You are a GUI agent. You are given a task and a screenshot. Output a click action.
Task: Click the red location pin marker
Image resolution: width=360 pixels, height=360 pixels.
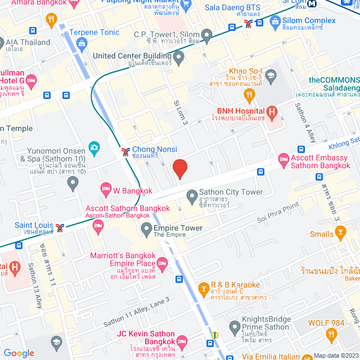click(x=179, y=169)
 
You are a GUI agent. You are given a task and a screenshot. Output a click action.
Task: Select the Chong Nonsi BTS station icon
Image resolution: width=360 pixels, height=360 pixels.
click(x=125, y=151)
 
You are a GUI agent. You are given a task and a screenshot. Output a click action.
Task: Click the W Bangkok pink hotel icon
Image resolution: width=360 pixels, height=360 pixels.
click(x=105, y=188)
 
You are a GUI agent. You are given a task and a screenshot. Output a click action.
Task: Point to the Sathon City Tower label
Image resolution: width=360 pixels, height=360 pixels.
click(x=232, y=192)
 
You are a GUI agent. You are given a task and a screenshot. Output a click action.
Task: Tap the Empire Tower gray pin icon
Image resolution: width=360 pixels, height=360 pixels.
click(x=146, y=228)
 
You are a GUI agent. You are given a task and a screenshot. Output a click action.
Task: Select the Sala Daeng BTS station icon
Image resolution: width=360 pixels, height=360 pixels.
click(x=249, y=24)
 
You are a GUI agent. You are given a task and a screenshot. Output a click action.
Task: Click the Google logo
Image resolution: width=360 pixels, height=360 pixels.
click(x=19, y=353)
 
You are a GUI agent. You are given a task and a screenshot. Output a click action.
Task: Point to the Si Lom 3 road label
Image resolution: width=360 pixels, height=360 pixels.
click(x=181, y=112)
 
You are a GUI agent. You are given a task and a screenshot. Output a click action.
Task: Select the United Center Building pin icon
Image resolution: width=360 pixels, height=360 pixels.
click(x=179, y=56)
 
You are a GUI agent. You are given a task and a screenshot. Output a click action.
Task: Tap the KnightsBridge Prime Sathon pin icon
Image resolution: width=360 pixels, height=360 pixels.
click(x=235, y=326)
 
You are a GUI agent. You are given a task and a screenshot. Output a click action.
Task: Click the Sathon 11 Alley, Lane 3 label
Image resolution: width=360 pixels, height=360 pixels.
click(x=136, y=319)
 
